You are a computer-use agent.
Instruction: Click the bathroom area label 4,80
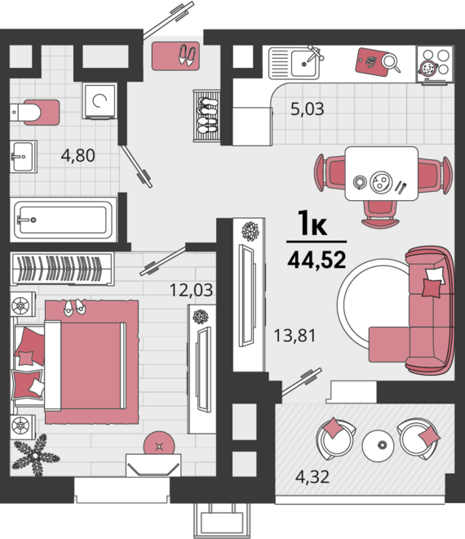[x=78, y=155]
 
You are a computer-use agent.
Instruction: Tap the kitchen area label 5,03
[x=307, y=109]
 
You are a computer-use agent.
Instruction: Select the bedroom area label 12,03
[x=191, y=290]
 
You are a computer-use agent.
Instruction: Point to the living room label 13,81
[x=294, y=336]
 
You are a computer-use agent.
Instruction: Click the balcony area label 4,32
[x=312, y=477]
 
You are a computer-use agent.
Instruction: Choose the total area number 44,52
[x=317, y=260]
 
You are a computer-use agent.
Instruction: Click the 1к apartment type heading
[x=312, y=223]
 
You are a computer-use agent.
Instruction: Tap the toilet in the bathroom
[x=34, y=113]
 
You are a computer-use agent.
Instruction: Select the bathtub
[x=63, y=220]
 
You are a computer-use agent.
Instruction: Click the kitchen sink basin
[x=304, y=63]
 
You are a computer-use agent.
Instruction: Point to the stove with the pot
[x=435, y=65]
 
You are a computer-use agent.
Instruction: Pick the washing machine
[x=100, y=100]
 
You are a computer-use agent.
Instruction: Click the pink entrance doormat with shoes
[x=175, y=56]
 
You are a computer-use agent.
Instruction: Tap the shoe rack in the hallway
[x=206, y=116]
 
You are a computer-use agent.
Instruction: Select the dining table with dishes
[x=382, y=174]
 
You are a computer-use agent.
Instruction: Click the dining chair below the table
[x=380, y=214]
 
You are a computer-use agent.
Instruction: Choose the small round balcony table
[x=378, y=446]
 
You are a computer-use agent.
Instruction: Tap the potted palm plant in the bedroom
[x=35, y=455]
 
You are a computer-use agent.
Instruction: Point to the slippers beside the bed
[x=74, y=307]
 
